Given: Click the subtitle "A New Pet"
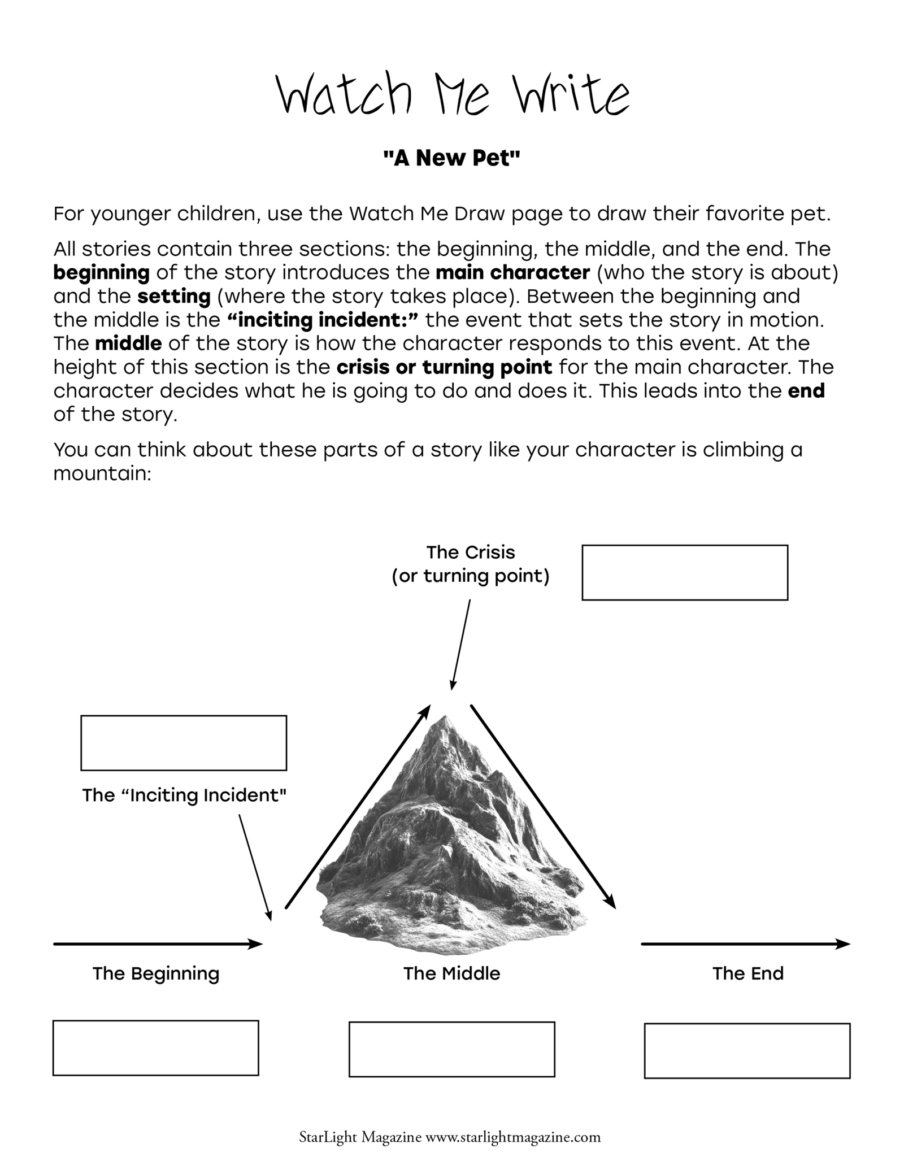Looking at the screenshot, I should pos(451,159).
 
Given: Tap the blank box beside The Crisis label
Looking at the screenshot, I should pos(684,572).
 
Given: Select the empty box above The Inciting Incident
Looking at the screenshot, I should pos(184,742).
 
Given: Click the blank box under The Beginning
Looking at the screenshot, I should pos(155,1047).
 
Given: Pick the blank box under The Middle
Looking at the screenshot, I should pos(451,1049).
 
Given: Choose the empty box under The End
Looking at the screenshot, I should pos(747,1050).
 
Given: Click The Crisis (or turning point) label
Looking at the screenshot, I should pos(471,564).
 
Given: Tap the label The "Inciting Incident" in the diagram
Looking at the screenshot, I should pos(184,795).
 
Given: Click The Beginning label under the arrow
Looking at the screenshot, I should pos(156,973).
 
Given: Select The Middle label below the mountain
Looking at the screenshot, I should pos(451,973).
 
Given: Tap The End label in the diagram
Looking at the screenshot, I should pos(747,973).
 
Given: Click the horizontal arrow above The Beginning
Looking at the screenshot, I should pos(158,943).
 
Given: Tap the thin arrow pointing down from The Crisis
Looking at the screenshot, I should pos(460,645).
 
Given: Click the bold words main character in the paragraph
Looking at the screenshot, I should pos(512,273).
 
